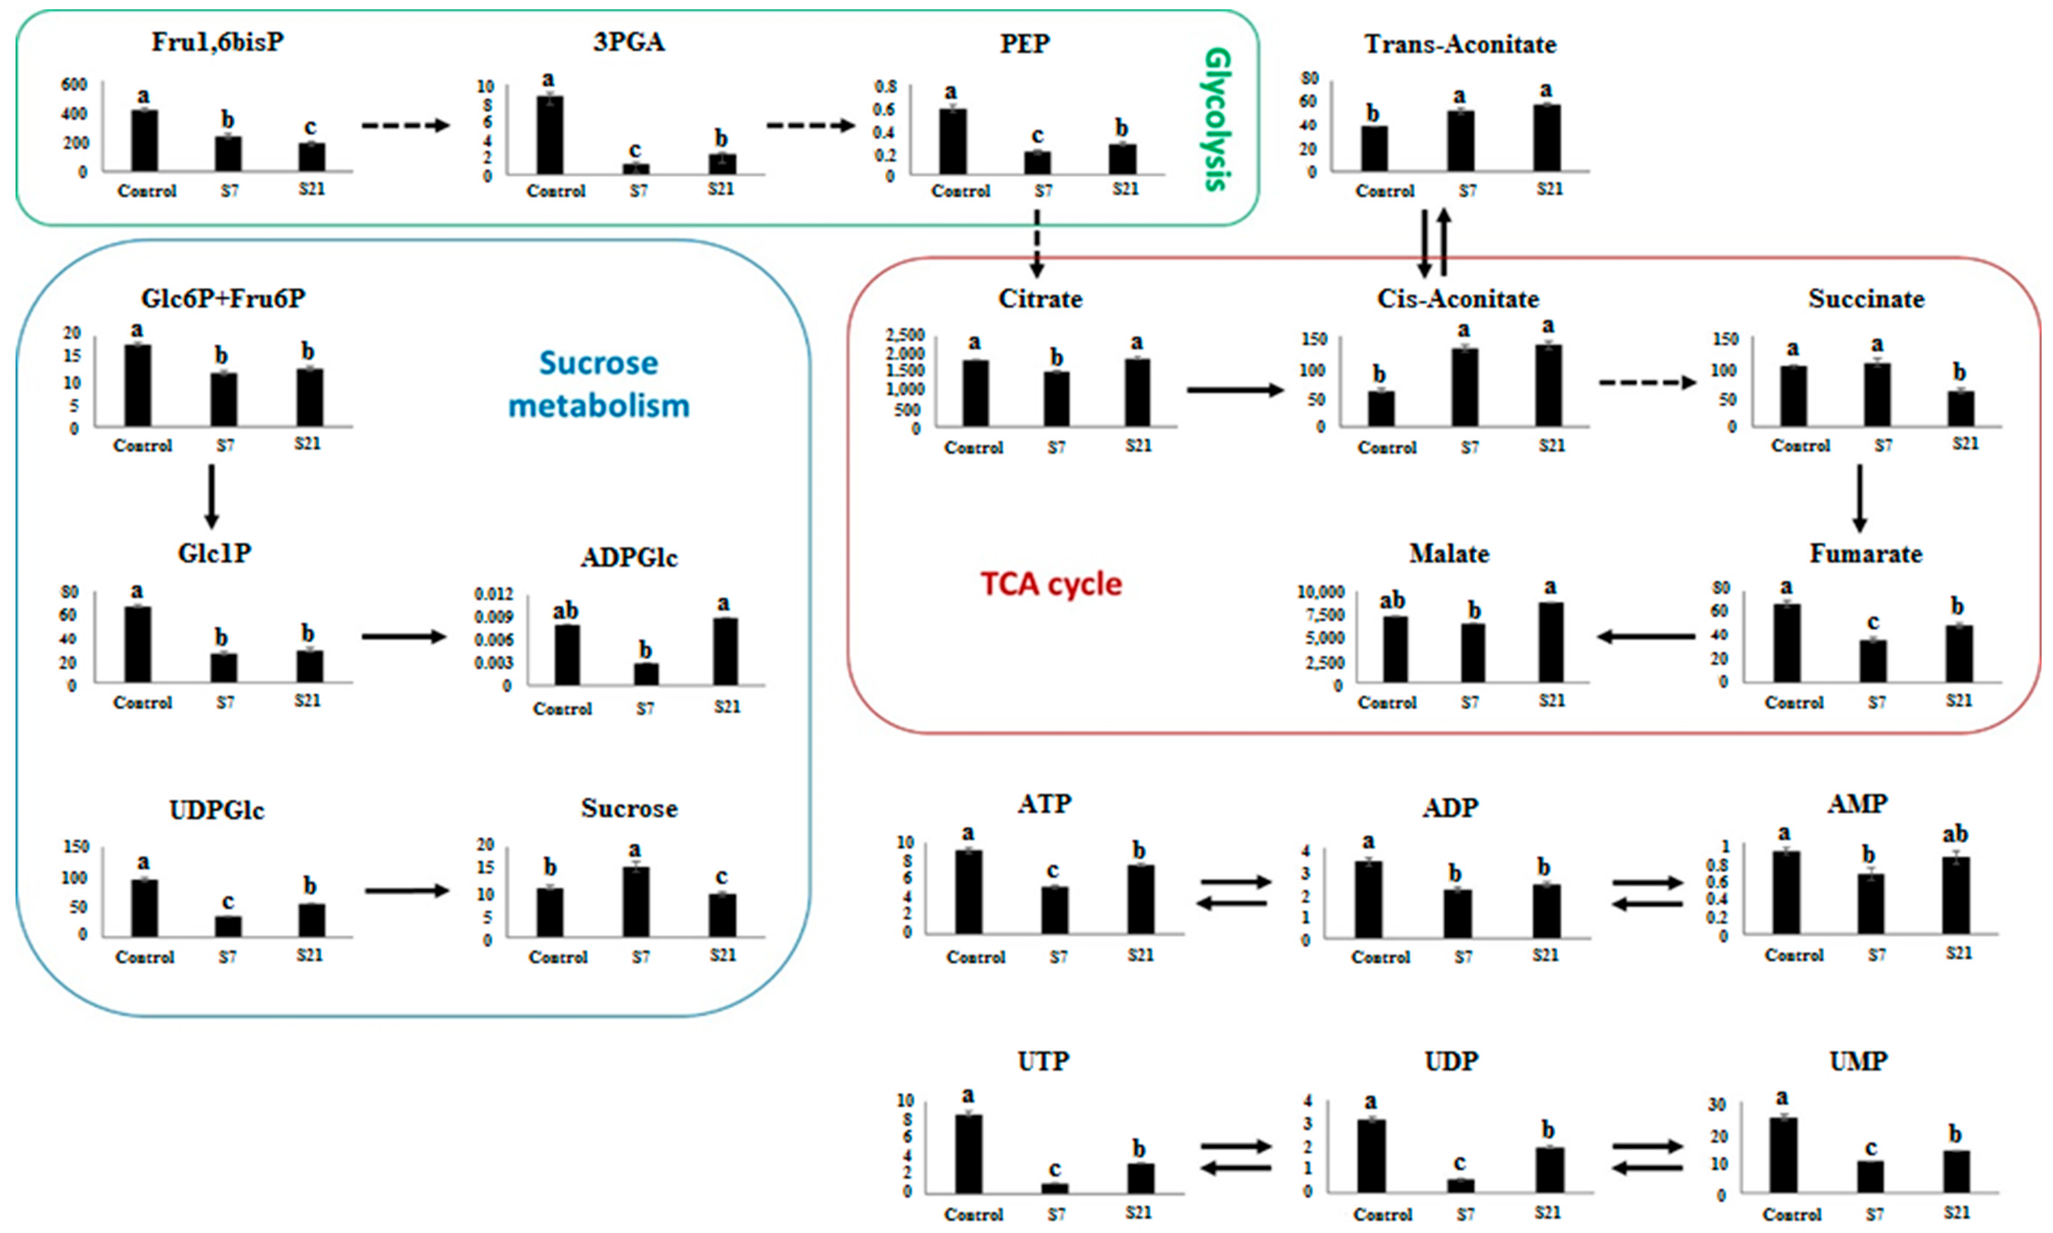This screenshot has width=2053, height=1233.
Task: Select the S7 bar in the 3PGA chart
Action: [636, 169]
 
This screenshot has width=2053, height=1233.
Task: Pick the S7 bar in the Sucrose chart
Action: [636, 902]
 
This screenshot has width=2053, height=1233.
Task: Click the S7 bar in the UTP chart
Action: [1055, 1188]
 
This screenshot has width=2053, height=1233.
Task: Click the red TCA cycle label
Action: [1051, 584]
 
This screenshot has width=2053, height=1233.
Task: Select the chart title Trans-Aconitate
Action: [1460, 44]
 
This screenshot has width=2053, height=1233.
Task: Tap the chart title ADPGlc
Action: [629, 557]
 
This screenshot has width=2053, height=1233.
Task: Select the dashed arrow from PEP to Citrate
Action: [1036, 243]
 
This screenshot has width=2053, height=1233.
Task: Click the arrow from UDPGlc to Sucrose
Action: [407, 891]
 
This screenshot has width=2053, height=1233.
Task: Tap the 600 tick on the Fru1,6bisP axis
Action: [74, 84]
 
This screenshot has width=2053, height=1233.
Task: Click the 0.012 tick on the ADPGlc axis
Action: [493, 594]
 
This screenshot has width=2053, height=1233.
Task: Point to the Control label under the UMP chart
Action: [1792, 1214]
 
